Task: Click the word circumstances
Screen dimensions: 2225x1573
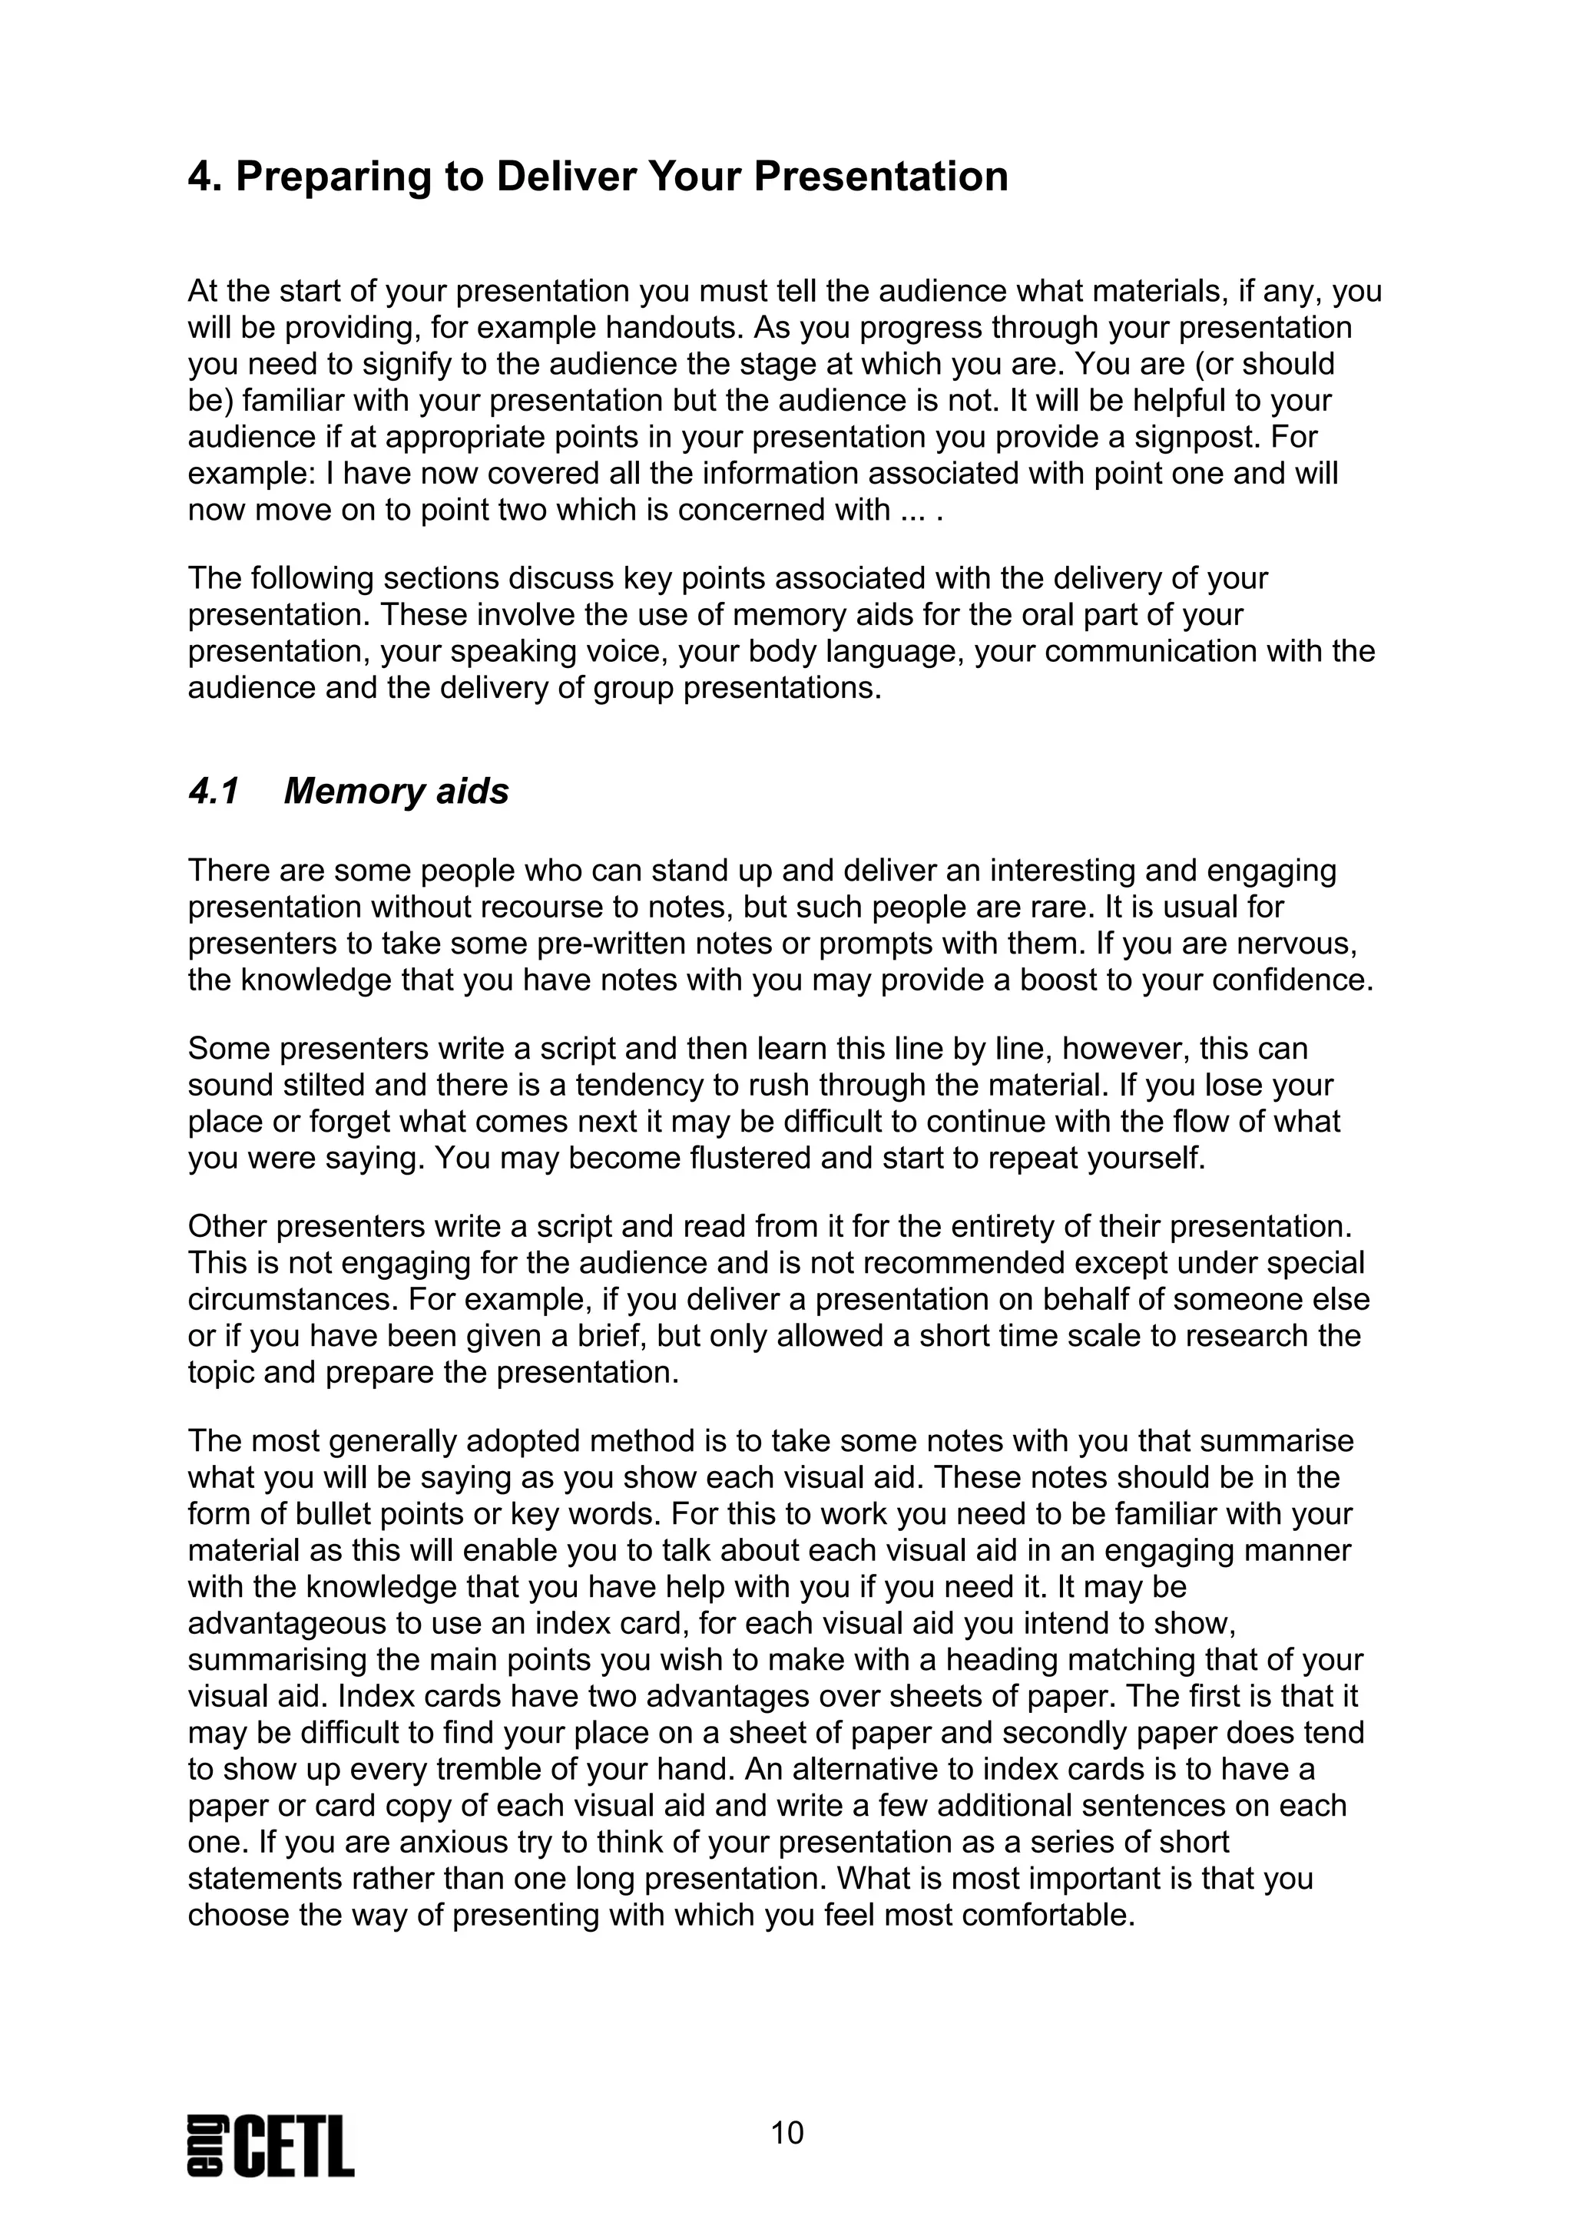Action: (x=286, y=1300)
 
